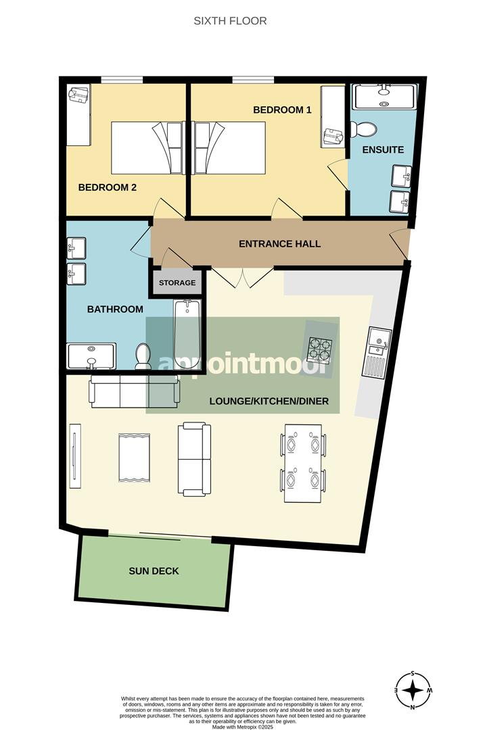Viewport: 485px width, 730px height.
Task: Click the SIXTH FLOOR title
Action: (230, 21)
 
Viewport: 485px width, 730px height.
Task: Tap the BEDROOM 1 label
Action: (282, 109)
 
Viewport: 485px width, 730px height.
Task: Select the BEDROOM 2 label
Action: (108, 187)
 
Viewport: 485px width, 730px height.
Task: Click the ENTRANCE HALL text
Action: (279, 244)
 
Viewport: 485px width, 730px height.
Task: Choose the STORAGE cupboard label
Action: (177, 283)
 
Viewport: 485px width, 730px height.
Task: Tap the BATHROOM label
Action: (115, 309)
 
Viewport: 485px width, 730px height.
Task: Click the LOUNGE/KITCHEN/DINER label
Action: (269, 401)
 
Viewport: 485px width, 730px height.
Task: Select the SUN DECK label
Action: (154, 571)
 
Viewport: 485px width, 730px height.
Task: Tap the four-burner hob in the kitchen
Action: (319, 349)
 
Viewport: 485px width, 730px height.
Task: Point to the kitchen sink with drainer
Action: (375, 351)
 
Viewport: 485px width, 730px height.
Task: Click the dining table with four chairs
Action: (302, 463)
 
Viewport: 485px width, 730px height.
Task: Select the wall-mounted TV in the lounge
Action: (74, 456)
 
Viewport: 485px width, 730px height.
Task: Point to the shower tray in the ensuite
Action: (384, 96)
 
